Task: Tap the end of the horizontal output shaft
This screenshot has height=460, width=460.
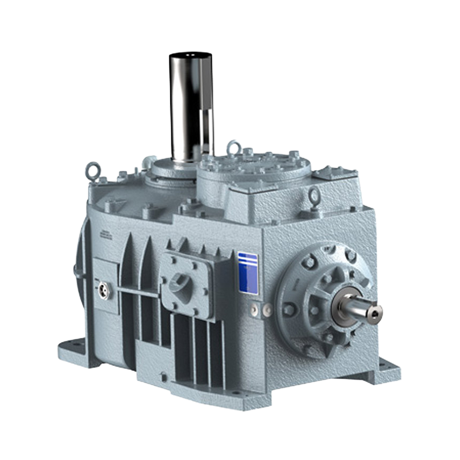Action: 371,311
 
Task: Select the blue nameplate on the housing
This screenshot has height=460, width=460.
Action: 248,273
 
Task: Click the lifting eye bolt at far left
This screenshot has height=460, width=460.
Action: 91,170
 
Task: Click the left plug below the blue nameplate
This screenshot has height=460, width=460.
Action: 254,310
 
